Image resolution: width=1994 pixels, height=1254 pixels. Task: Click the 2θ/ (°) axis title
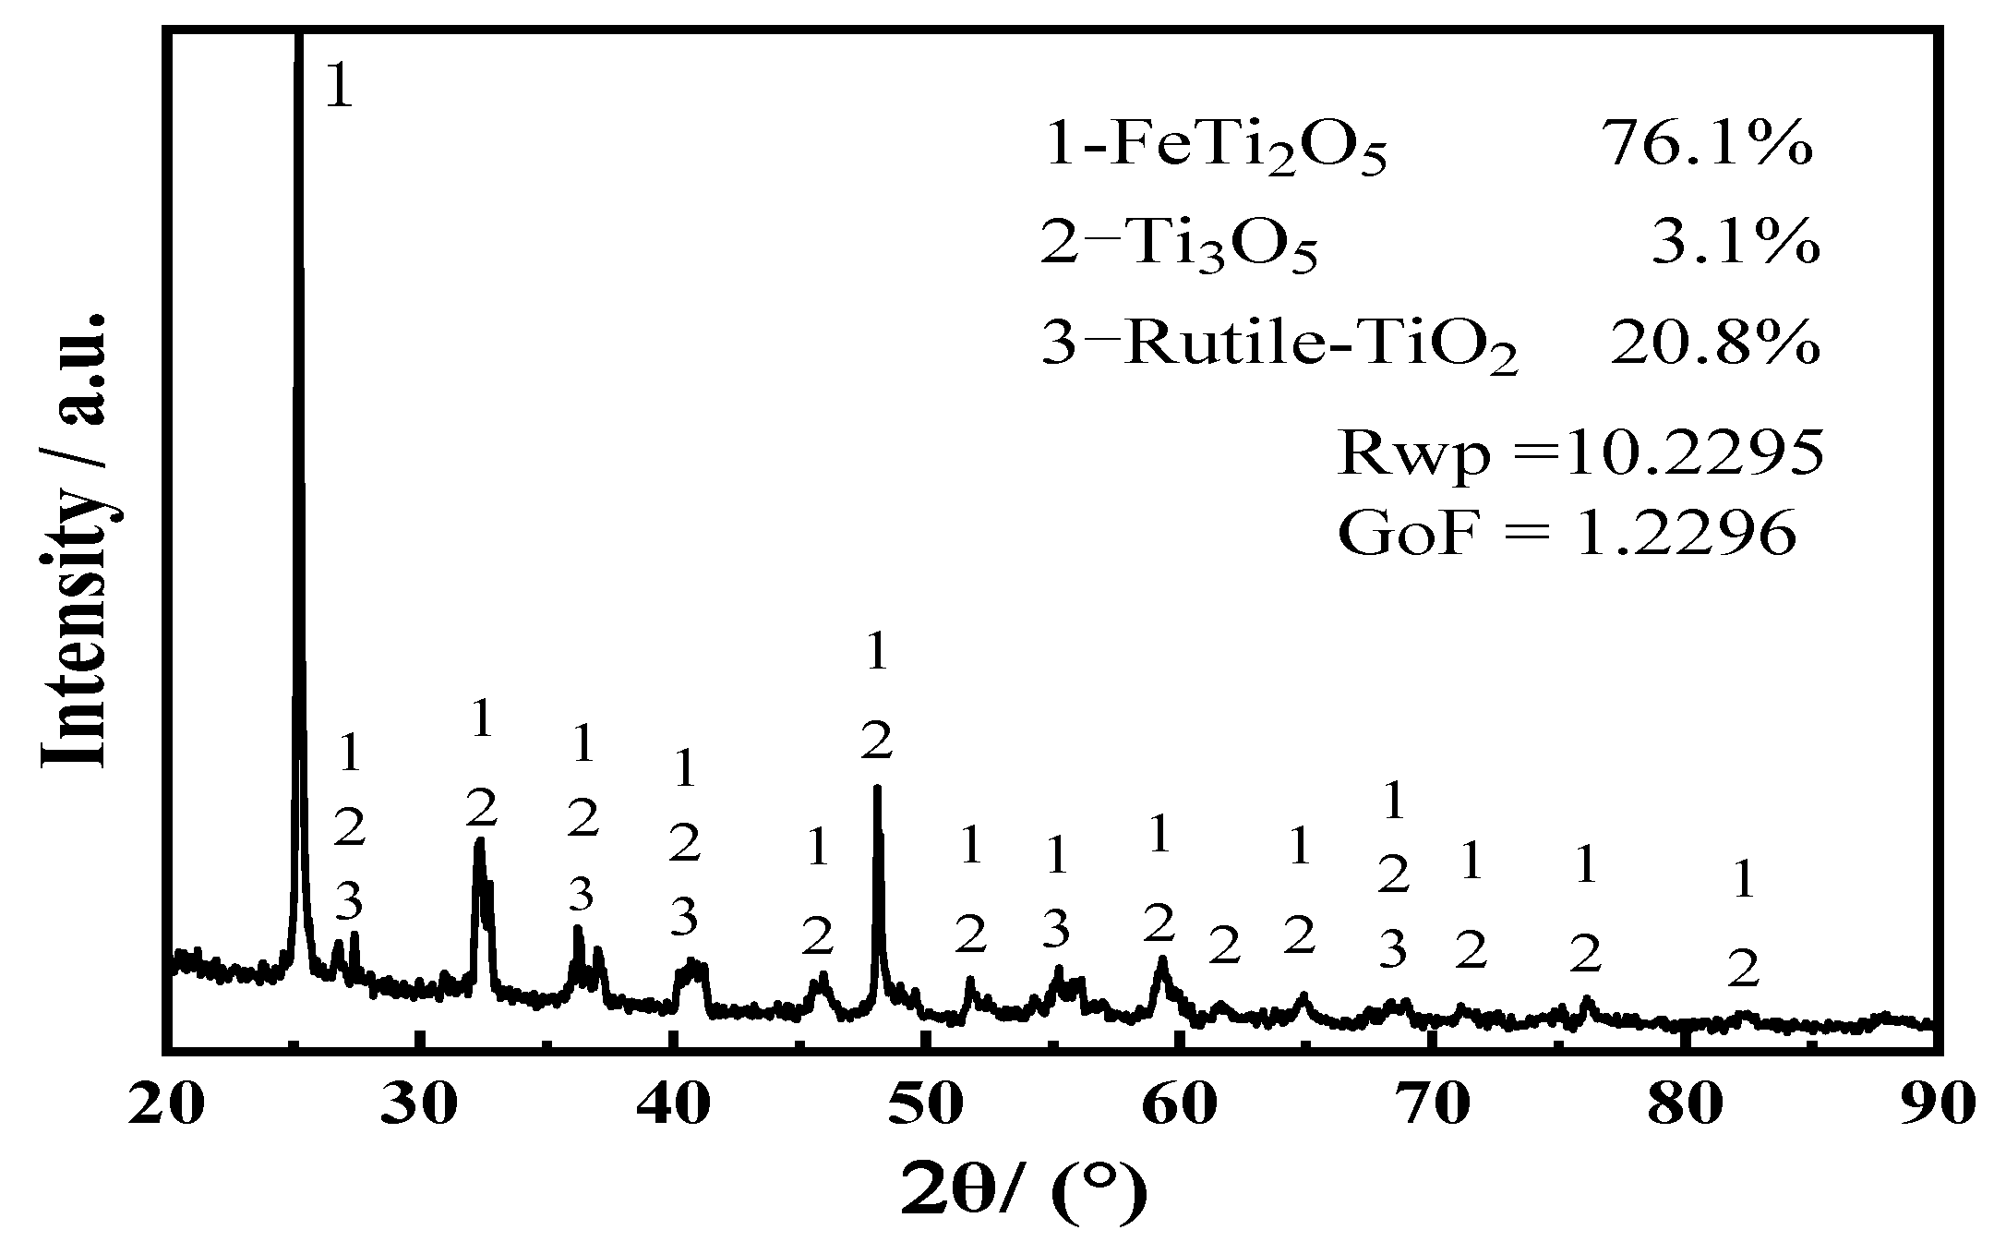coord(1025,1191)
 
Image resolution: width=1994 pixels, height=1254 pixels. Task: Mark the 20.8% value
coord(1715,344)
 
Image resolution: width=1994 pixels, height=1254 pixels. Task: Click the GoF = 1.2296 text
coord(1567,534)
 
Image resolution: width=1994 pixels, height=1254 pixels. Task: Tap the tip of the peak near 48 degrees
coord(877,788)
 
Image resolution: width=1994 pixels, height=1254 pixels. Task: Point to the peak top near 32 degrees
coord(479,840)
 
